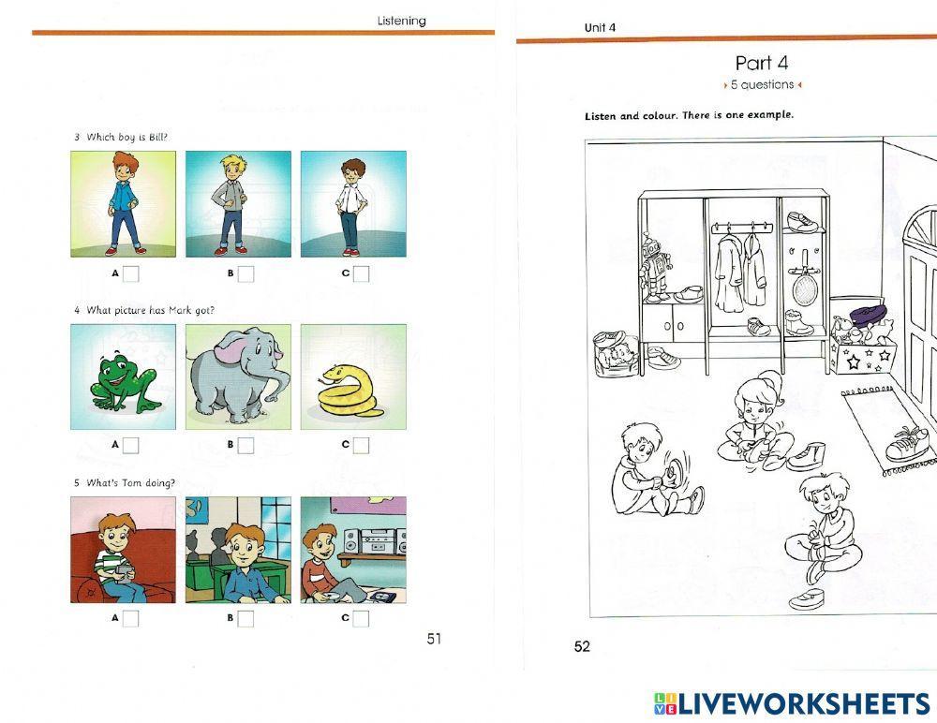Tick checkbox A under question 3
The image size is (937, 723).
pos(131,274)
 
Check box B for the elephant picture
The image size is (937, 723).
pos(245,446)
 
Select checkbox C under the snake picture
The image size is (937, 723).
pos(361,446)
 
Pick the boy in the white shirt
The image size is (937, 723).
pos(351,204)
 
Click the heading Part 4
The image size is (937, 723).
pos(762,63)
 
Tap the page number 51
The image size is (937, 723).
pos(434,639)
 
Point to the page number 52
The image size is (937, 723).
pos(582,646)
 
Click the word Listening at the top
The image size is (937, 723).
pos(401,21)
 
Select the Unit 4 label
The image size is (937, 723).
pos(600,27)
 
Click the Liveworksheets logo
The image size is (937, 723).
pos(792,703)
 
